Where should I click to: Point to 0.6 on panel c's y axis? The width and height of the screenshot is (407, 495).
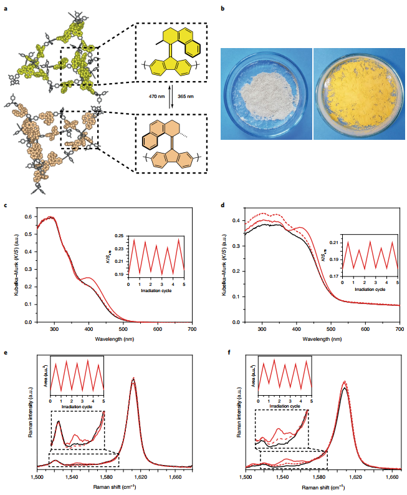(29, 217)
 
